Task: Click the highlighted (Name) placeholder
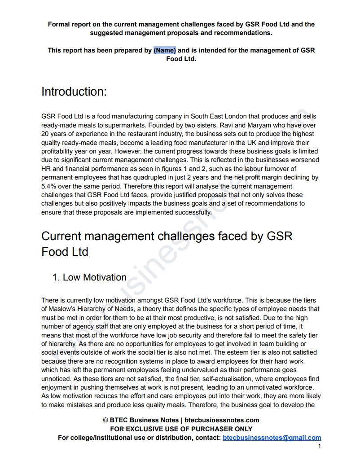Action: tap(165, 50)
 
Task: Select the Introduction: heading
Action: tap(74, 92)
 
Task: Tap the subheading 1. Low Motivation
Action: tap(89, 277)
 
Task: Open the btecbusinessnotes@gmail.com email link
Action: tap(272, 438)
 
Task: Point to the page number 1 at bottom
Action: tap(319, 446)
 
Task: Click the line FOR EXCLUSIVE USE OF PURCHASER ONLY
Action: tap(181, 429)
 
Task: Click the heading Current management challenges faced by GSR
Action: tap(167, 236)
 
